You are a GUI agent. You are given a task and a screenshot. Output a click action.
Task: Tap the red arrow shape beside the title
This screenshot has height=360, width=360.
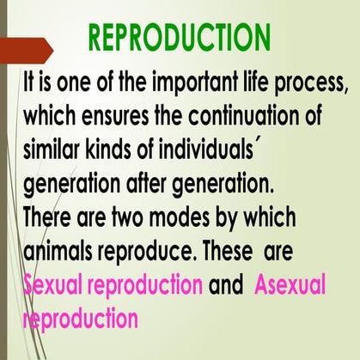pyautogui.click(x=30, y=52)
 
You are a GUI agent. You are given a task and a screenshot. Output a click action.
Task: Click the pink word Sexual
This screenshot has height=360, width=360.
pyautogui.click(x=53, y=285)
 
